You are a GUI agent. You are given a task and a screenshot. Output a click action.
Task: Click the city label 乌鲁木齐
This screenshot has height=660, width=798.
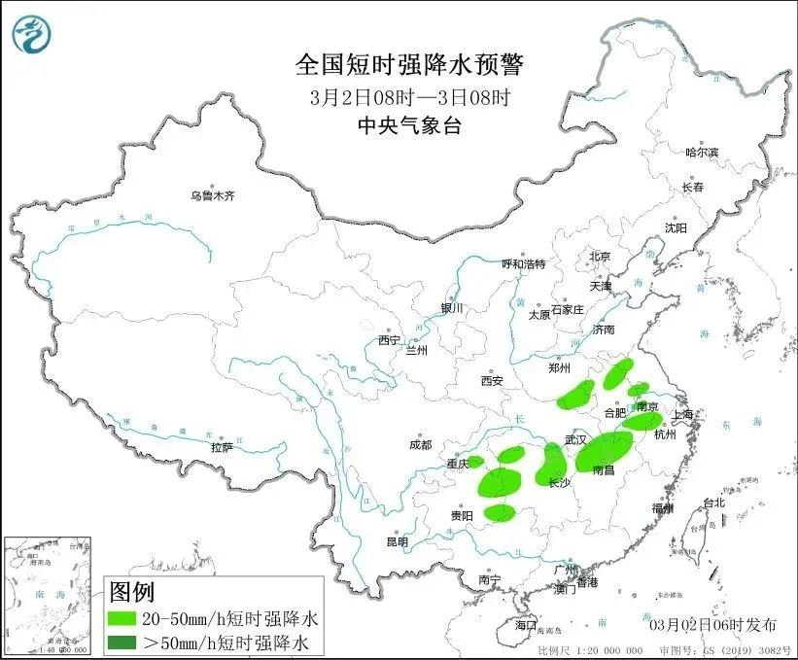pos(213,195)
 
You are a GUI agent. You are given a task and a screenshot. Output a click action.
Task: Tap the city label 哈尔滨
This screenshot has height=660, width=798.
pos(701,153)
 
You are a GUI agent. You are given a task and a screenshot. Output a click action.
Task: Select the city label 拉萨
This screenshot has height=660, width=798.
pos(222,447)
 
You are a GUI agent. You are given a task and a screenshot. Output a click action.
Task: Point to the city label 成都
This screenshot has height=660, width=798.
pos(420,445)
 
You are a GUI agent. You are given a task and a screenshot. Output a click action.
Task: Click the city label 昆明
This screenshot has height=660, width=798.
pos(398,541)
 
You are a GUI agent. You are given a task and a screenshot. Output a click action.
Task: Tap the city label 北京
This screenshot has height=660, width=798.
pos(599,257)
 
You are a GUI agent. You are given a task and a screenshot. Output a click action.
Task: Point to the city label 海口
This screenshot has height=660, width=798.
pos(526,623)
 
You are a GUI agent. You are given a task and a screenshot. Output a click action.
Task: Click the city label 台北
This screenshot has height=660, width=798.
pos(713,503)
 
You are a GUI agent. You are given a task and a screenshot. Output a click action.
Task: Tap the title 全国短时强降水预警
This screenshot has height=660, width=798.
pos(409,65)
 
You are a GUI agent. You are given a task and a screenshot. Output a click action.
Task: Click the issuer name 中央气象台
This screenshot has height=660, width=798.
pos(408,125)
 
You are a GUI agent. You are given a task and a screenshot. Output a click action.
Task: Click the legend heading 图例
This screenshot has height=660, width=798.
pos(132,590)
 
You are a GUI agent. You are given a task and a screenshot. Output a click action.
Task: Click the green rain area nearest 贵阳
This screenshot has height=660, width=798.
pos(500,512)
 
